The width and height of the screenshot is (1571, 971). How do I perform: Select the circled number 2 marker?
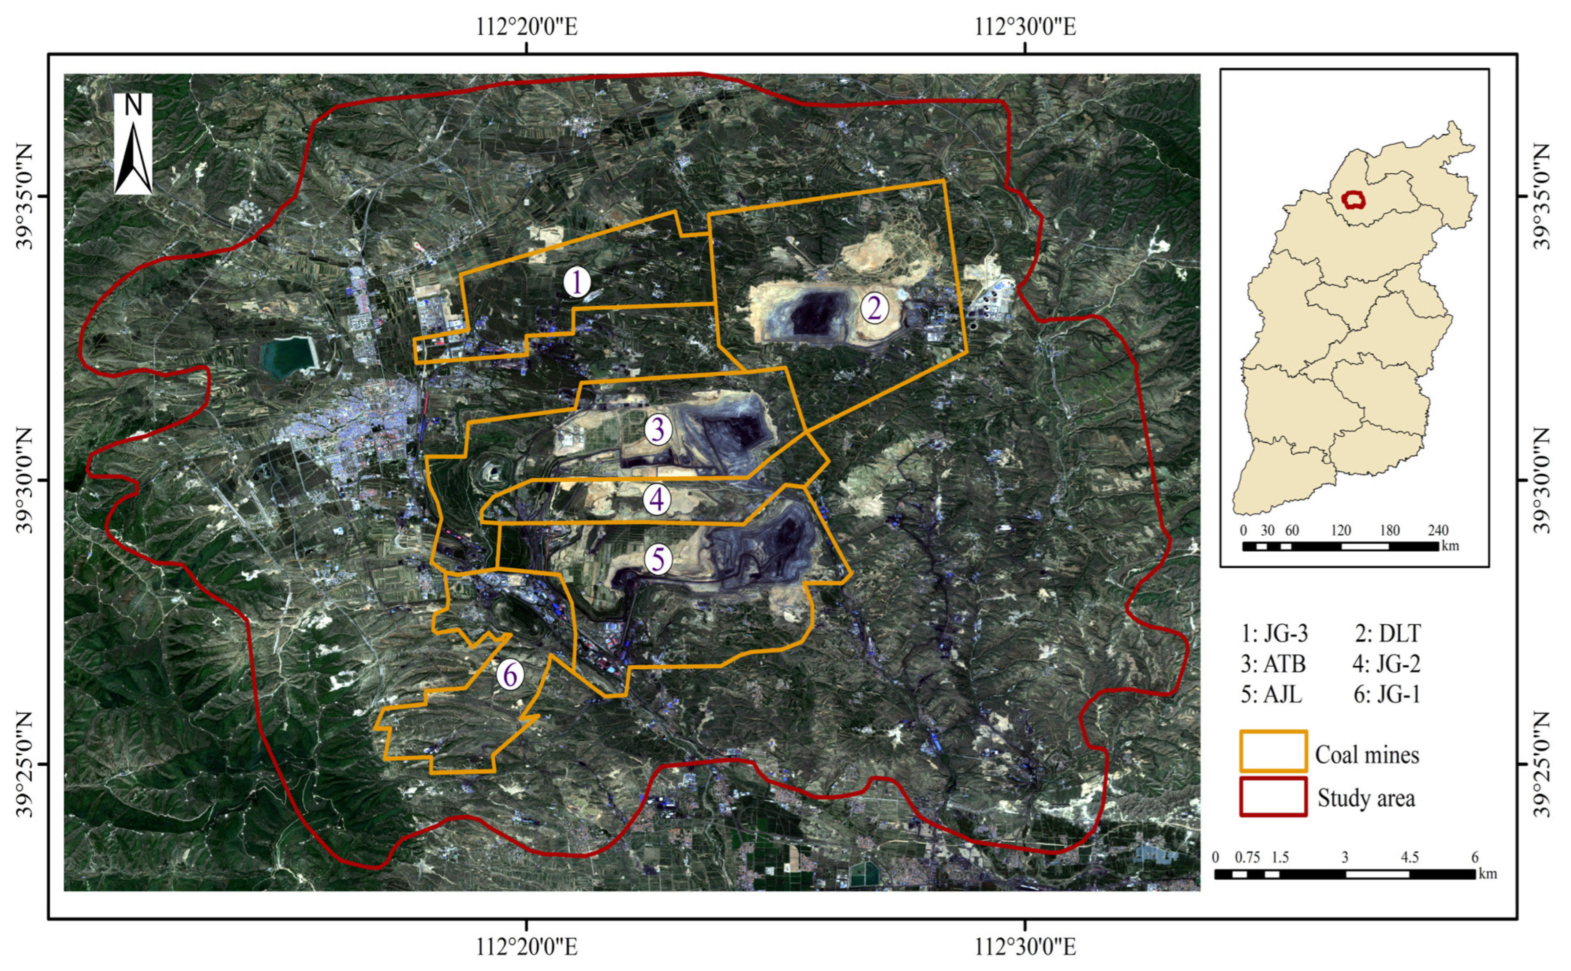pyautogui.click(x=874, y=309)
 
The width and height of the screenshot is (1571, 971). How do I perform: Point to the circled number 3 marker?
pyautogui.click(x=658, y=430)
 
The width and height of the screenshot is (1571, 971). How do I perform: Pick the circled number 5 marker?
pyautogui.click(x=658, y=559)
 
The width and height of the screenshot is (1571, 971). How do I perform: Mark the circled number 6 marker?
pyautogui.click(x=510, y=675)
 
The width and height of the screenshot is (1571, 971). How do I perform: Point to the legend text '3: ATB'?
pyautogui.click(x=1273, y=664)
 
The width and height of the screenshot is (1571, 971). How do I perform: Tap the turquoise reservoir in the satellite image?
pyautogui.click(x=288, y=356)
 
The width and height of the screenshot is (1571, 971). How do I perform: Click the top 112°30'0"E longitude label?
pyautogui.click(x=1025, y=27)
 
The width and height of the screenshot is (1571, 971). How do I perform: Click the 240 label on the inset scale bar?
pyautogui.click(x=1438, y=530)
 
